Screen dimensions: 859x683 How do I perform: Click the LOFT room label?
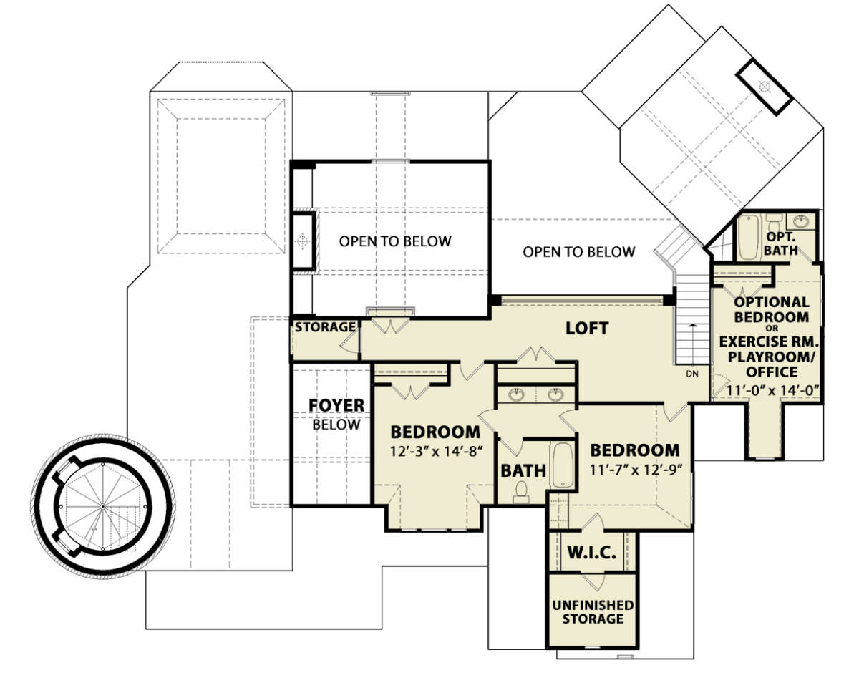(x=587, y=329)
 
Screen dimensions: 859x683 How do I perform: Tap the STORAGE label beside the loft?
(x=325, y=327)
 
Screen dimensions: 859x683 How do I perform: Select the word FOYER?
(x=336, y=405)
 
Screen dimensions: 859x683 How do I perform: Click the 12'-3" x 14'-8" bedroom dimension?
(x=437, y=452)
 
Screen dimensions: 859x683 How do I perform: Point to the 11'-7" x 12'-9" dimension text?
(x=636, y=470)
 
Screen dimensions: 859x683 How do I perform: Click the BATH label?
(x=523, y=471)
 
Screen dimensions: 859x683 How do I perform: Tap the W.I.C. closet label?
(x=591, y=553)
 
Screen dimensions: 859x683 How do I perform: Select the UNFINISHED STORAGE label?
(x=593, y=612)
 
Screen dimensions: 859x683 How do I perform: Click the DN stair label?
(x=692, y=374)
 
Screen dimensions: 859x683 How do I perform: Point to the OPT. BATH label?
(x=781, y=243)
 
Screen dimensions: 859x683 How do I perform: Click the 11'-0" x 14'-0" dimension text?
(x=772, y=390)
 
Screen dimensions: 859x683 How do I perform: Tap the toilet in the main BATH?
(x=521, y=492)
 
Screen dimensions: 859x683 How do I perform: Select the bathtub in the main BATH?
(x=562, y=466)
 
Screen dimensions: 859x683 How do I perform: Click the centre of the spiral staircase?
(x=102, y=507)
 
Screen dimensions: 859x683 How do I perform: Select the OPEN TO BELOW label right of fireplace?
(x=395, y=241)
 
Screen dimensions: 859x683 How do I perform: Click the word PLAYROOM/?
(x=771, y=357)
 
